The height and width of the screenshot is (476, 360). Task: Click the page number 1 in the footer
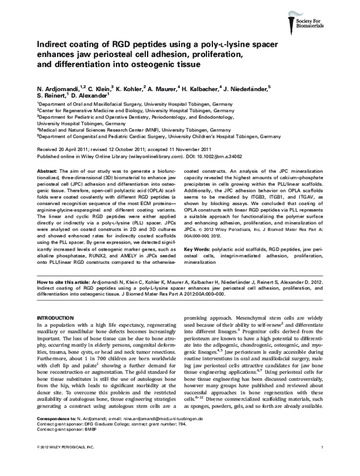click(x=323, y=465)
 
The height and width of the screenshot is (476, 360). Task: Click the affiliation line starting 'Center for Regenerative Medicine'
click(x=120, y=111)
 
